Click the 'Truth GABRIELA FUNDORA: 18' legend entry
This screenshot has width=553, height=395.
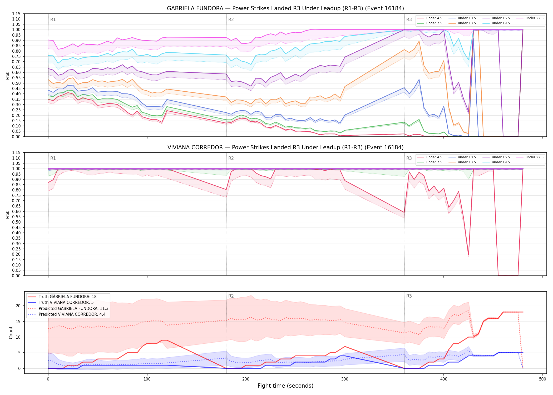click(x=68, y=297)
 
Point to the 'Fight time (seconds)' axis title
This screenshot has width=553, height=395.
click(x=285, y=386)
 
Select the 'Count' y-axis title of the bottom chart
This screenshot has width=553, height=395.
click(x=11, y=333)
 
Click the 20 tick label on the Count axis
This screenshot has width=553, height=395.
click(x=18, y=306)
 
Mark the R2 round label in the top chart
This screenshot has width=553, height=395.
click(x=231, y=19)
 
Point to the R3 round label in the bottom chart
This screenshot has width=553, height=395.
click(x=409, y=296)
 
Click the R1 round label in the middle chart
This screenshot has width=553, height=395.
click(x=53, y=158)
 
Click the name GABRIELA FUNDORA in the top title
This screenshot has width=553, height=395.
click(x=195, y=8)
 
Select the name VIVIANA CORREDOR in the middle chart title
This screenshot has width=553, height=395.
click(x=195, y=147)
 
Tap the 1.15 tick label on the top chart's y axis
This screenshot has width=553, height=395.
click(x=16, y=14)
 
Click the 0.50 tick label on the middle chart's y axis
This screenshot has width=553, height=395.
click(x=16, y=222)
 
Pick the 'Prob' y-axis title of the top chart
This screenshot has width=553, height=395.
click(x=8, y=75)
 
